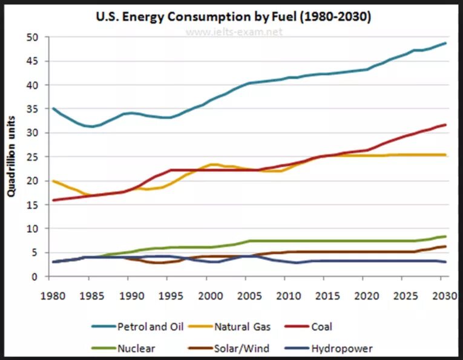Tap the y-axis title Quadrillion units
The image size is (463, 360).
pos(11,157)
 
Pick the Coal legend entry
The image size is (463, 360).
pos(321,327)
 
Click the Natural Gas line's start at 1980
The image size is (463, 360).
pos(53,181)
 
